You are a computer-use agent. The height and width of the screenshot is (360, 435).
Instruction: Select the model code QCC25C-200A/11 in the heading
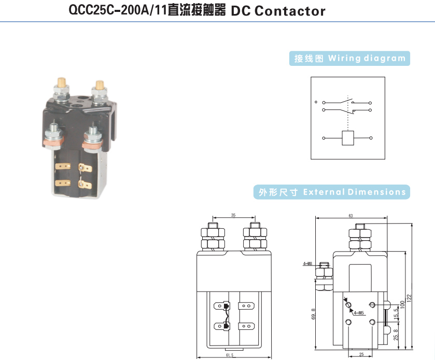(118, 10)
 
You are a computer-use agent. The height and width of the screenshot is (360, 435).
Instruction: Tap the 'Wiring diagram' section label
(349, 58)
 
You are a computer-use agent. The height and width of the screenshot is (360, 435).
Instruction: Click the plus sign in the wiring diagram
(316, 102)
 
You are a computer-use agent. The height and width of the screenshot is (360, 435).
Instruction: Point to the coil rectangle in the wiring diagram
(347, 139)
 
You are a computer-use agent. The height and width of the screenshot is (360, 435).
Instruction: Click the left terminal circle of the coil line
(324, 139)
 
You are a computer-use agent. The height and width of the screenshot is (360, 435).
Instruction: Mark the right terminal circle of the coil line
(370, 139)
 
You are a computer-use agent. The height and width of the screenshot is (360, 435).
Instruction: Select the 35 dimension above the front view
(233, 214)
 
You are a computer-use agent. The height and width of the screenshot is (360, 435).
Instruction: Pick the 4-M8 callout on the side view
(307, 264)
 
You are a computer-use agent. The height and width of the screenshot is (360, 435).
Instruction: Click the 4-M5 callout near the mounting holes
(358, 313)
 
